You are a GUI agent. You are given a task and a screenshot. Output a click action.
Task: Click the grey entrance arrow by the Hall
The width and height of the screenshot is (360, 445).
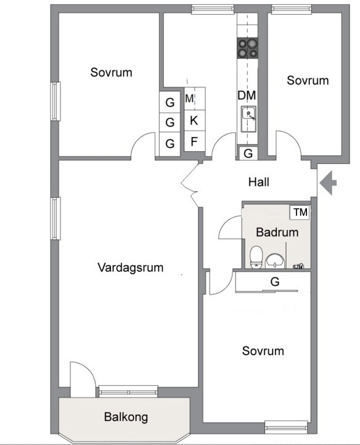pos(328,182)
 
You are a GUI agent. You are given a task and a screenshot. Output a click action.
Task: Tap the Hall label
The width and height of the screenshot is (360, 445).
pos(259,182)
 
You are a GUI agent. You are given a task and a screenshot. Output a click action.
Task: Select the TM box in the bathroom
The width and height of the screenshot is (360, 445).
pos(300,212)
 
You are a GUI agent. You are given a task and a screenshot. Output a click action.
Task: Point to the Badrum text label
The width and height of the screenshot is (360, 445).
pos(277,233)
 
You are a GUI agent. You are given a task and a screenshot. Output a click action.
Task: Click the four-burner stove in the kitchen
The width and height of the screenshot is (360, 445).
pos(248,48)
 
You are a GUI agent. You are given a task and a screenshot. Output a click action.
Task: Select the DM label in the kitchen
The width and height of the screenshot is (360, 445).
pos(247,96)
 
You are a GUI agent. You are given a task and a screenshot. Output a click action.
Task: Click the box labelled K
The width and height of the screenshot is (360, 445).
pos(194,120)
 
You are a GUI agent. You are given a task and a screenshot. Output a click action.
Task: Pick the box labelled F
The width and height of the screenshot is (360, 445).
pos(194,142)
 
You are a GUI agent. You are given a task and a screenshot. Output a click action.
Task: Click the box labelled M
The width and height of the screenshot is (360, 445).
pos(190,99)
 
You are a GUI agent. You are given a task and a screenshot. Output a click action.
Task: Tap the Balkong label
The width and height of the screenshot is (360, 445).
pos(126,417)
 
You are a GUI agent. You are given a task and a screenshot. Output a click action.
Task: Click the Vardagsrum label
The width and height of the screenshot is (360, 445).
pos(130,267)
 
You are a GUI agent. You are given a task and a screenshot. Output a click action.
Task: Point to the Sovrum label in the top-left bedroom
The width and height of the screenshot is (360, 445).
pos(111,72)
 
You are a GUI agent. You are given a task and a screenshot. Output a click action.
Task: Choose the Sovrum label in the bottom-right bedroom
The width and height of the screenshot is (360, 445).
pos(263,351)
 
